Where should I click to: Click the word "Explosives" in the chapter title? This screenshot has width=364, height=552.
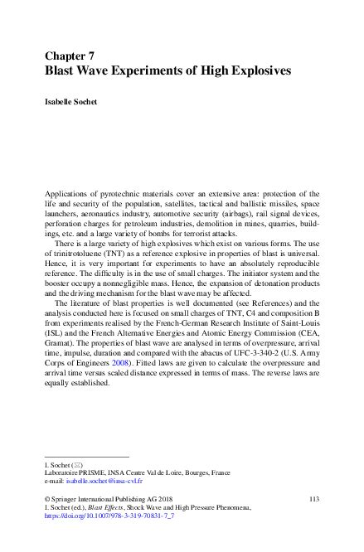(257, 70)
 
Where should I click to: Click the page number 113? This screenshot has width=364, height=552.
(313, 497)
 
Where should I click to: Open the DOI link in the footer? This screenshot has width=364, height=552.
(98, 516)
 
